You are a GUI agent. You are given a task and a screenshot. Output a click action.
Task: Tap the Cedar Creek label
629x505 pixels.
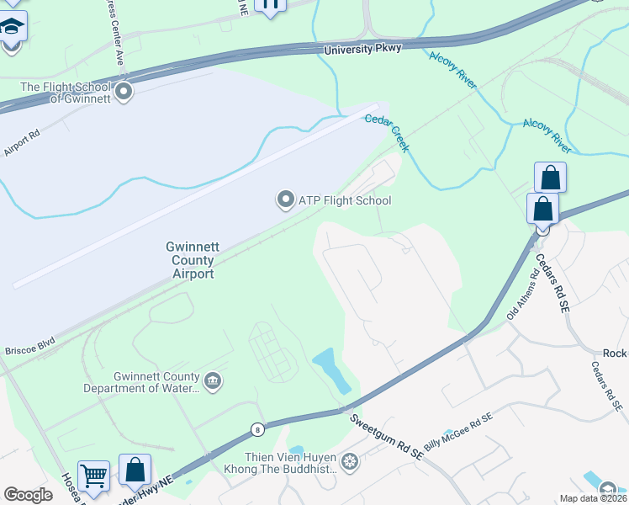tap(387, 133)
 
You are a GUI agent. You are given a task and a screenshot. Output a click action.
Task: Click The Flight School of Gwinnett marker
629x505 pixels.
tap(124, 92)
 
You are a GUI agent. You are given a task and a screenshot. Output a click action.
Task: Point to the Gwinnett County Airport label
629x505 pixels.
tap(193, 260)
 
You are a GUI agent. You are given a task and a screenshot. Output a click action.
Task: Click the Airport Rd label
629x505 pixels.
tap(22, 142)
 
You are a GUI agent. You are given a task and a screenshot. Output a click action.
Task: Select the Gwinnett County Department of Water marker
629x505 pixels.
tap(213, 381)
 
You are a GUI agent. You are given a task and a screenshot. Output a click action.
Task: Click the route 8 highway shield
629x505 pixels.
tap(256, 430)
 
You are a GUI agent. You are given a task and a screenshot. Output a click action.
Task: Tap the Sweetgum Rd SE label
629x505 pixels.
tap(387, 437)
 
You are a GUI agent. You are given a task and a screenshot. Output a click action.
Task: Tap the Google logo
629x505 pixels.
tap(28, 495)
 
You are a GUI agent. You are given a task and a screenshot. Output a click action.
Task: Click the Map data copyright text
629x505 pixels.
tap(594, 498)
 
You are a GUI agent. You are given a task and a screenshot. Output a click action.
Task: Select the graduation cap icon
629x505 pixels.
tap(12, 30)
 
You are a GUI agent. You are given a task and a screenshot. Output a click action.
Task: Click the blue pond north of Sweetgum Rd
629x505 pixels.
tap(333, 370)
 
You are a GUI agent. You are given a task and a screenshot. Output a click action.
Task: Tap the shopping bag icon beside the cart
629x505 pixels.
tap(135, 470)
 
